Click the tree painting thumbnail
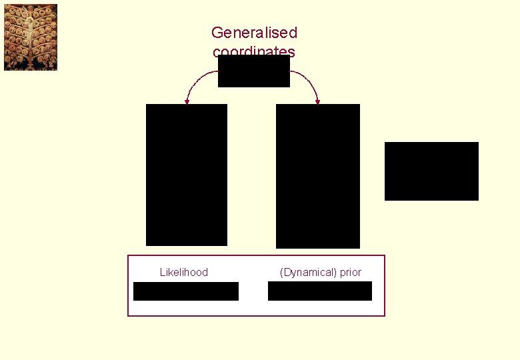[x=31, y=37]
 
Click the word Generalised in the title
[x=254, y=32]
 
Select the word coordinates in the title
[x=254, y=51]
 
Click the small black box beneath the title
[x=254, y=71]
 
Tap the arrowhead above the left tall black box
[x=187, y=101]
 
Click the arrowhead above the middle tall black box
[x=318, y=101]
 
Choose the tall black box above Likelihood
[x=187, y=175]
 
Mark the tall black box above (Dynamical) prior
[x=318, y=176]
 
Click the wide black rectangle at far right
[x=431, y=171]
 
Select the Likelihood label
[x=184, y=272]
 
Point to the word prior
[x=350, y=272]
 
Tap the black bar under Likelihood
[x=186, y=291]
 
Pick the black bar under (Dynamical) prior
[x=320, y=291]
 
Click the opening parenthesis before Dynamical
[x=281, y=272]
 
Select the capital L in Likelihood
[x=163, y=272]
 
